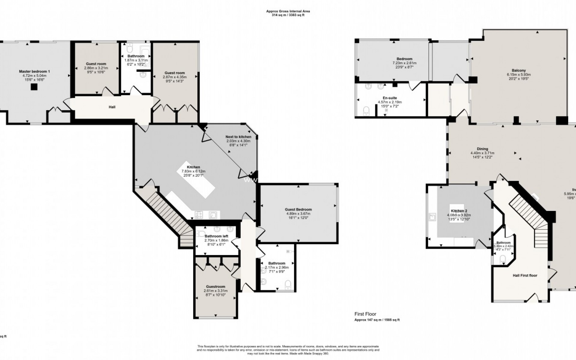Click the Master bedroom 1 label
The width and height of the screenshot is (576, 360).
[x=34, y=71]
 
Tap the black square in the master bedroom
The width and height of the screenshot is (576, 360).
[x=34, y=87]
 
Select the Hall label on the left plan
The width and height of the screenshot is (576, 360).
[x=112, y=107]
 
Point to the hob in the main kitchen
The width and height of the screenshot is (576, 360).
[x=199, y=215]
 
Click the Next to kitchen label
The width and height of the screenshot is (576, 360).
[x=238, y=137]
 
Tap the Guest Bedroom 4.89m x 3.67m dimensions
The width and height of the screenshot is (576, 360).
[x=298, y=214]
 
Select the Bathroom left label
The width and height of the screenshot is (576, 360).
[x=216, y=236]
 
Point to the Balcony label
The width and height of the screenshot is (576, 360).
[x=519, y=71]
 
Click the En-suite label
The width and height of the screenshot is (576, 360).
[x=390, y=98]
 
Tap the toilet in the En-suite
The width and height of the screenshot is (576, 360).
[x=366, y=111]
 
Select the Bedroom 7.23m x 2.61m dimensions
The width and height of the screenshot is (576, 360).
[x=404, y=63]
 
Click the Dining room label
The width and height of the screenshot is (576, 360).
[x=482, y=149]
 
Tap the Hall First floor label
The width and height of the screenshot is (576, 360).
[x=525, y=275]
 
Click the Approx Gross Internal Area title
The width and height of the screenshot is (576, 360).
[x=288, y=11]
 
